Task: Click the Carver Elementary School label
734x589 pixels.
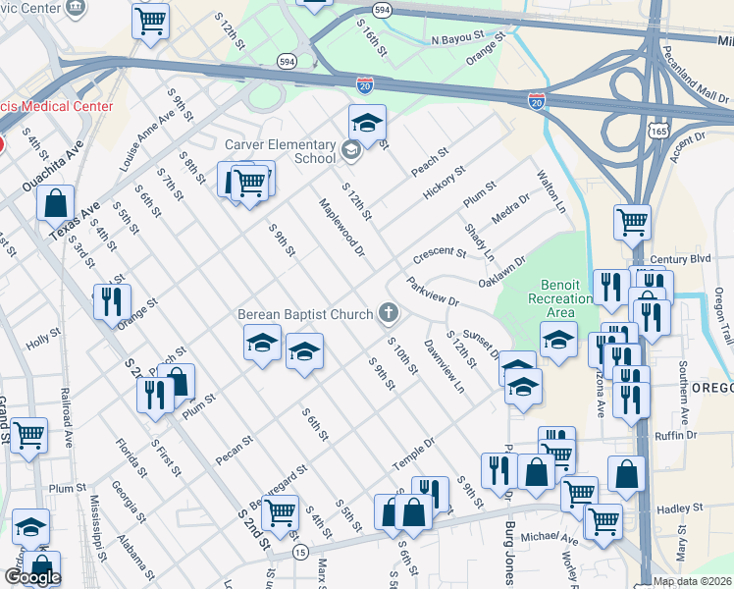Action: click(281, 151)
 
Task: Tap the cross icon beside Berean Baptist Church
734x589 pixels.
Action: click(389, 314)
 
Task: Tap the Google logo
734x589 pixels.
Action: click(32, 577)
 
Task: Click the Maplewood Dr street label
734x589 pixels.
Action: click(341, 229)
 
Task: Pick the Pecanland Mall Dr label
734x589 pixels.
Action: click(696, 73)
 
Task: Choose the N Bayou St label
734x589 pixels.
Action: click(458, 41)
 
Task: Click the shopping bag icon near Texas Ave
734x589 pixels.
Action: click(56, 202)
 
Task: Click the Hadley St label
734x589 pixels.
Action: click(674, 509)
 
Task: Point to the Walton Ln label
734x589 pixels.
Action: click(551, 193)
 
